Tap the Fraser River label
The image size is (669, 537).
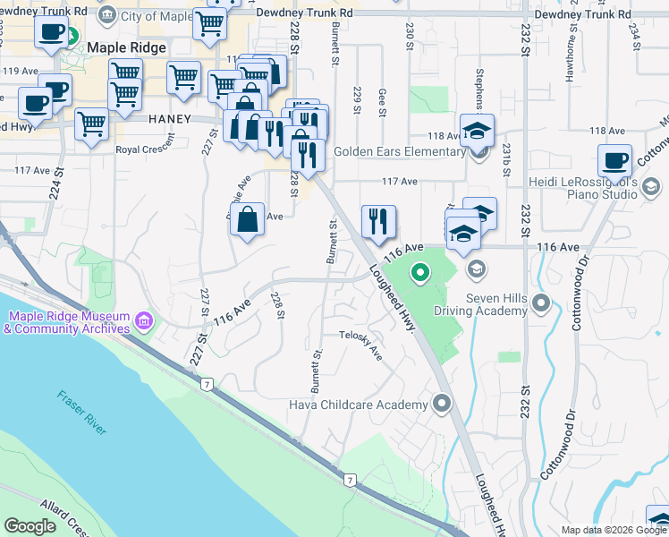(x=81, y=413)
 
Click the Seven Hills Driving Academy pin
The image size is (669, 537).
(x=539, y=305)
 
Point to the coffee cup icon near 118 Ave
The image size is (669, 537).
(x=614, y=161)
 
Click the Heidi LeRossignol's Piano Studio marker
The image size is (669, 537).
(x=651, y=186)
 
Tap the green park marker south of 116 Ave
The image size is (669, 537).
(x=419, y=272)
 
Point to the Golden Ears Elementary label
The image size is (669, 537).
(x=398, y=151)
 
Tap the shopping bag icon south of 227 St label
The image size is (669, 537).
(x=247, y=219)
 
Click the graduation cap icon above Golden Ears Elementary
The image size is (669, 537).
(x=477, y=131)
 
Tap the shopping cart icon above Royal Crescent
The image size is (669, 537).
(x=91, y=125)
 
